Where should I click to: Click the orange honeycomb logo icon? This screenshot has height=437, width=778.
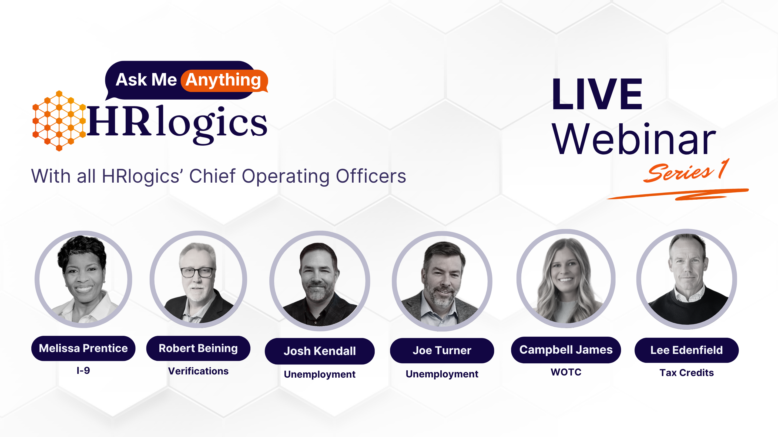[x=59, y=121]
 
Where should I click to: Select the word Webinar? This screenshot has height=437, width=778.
[x=634, y=139]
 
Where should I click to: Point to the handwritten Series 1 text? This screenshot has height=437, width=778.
[x=686, y=171]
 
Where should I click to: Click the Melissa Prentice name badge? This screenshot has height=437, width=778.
[x=83, y=348]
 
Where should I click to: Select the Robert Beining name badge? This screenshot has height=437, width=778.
[x=198, y=348]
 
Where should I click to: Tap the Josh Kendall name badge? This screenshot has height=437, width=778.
[x=320, y=351]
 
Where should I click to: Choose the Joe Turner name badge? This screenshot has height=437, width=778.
[x=442, y=350]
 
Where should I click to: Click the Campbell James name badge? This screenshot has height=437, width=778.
[x=566, y=350]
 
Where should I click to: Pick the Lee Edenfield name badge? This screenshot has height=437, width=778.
[x=686, y=350]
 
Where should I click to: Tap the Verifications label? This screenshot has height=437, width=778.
[x=198, y=371]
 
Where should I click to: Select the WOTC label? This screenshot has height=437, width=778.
[x=566, y=372]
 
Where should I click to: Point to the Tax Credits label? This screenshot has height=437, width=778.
[x=686, y=373]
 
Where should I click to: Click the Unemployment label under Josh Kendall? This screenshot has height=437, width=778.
[x=320, y=374]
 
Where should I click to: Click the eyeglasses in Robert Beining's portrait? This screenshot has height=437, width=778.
[x=197, y=272]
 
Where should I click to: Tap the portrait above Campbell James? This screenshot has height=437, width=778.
[x=566, y=278]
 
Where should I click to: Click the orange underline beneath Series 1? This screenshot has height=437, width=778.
[x=678, y=194]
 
